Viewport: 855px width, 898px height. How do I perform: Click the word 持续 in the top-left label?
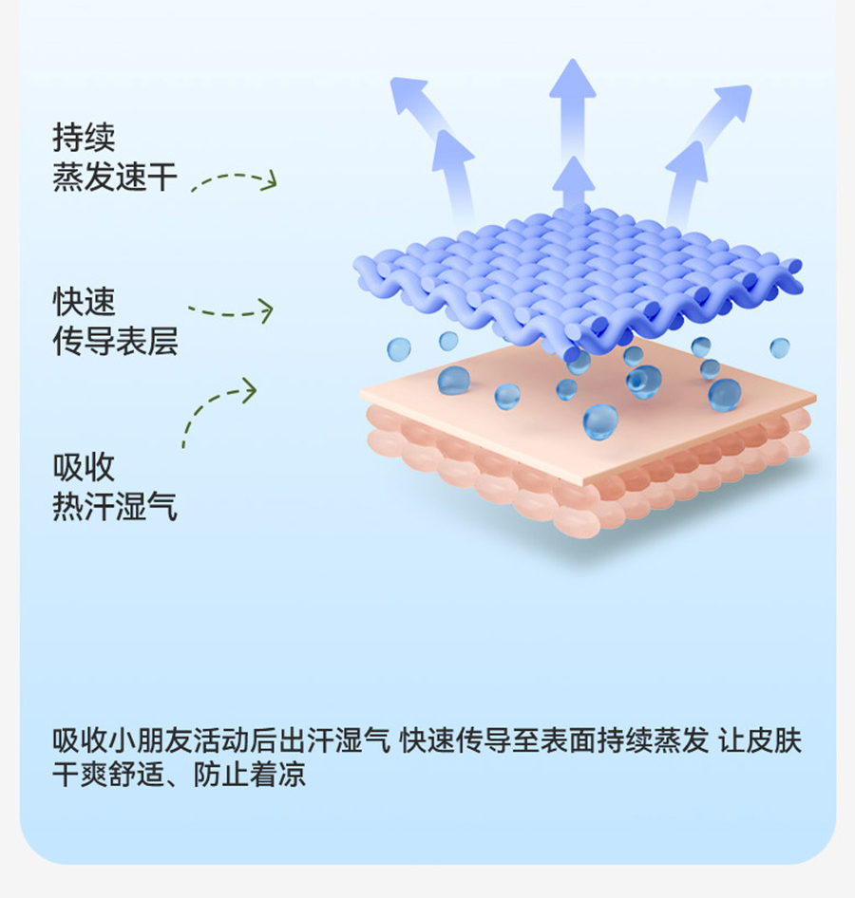pyautogui.click(x=84, y=139)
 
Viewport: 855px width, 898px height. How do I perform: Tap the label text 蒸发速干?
pyautogui.click(x=115, y=178)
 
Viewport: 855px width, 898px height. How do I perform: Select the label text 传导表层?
pyautogui.click(x=115, y=342)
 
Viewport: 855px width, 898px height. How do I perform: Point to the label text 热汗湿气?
pyautogui.click(x=115, y=506)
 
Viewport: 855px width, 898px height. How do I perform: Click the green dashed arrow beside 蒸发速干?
pyautogui.click(x=234, y=180)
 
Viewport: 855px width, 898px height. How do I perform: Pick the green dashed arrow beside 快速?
pyautogui.click(x=231, y=310)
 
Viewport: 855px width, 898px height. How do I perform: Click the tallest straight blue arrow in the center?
pyautogui.click(x=572, y=104)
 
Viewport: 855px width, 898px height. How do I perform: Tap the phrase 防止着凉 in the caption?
pyautogui.click(x=251, y=775)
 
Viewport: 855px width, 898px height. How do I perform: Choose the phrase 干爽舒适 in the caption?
pyautogui.click(x=114, y=775)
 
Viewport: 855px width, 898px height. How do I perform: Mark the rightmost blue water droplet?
pyautogui.click(x=779, y=347)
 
